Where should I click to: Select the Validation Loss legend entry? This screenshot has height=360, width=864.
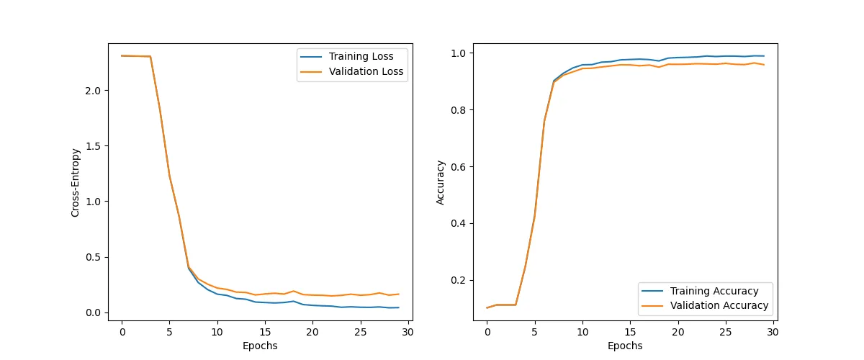366,72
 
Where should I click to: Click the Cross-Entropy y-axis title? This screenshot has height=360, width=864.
75,182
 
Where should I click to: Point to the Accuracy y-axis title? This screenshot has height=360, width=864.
441,182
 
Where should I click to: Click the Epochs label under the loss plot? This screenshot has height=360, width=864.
260,346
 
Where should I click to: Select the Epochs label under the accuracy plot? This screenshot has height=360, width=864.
625,346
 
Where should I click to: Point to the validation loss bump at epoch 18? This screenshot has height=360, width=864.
293,291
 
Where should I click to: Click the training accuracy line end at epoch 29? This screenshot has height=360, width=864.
763,56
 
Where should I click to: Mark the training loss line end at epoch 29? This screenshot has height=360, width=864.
398,307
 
